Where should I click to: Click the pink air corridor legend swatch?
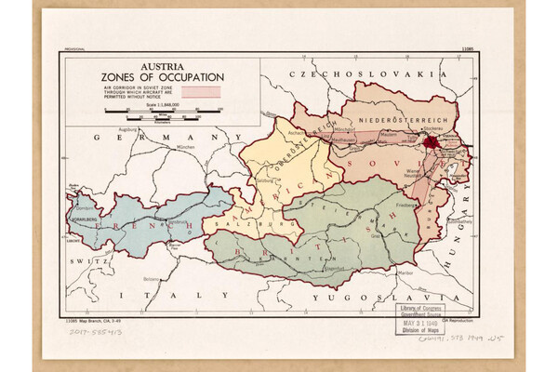point(200,91)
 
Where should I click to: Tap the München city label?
point(185,148)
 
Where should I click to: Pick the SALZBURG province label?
point(233,225)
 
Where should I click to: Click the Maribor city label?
point(403,273)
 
